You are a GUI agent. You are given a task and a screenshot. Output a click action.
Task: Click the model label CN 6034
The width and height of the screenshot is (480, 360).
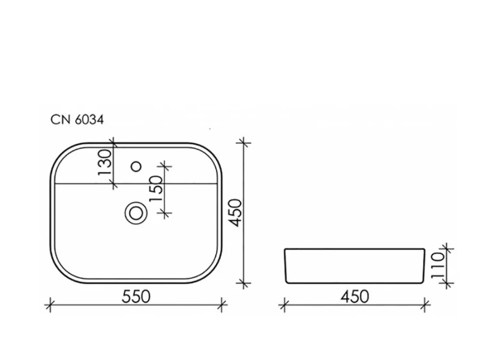click(77, 120)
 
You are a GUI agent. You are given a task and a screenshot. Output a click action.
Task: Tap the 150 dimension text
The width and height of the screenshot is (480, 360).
click(155, 188)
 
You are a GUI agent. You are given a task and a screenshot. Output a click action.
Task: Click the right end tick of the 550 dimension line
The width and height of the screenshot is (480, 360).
click(223, 305)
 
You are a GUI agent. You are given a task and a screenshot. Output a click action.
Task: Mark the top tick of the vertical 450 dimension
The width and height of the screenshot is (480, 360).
click(243, 143)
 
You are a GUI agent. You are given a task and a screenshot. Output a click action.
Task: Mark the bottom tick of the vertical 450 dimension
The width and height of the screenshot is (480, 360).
click(243, 282)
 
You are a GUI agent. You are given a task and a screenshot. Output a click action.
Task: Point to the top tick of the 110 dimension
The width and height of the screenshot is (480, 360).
click(445, 247)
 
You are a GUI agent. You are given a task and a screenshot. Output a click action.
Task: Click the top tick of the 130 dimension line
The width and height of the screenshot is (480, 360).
click(113, 143)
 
